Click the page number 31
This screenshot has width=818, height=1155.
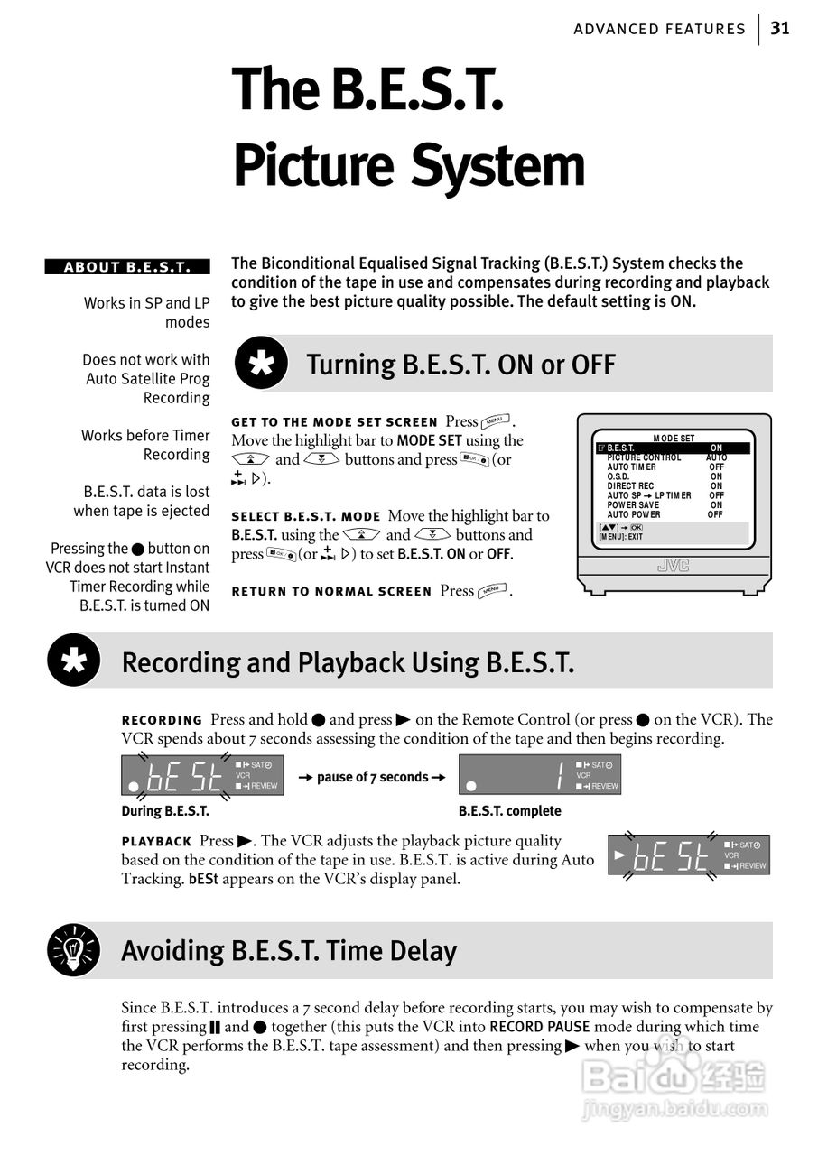point(780,28)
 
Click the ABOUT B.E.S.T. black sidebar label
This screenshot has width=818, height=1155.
point(127,267)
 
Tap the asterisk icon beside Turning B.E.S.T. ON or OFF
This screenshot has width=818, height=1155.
point(261,365)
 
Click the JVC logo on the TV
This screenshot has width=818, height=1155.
point(674,566)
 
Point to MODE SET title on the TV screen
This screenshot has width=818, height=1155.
point(674,439)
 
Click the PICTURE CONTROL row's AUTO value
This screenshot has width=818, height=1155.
point(716,457)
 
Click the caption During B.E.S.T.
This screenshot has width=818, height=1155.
point(165,811)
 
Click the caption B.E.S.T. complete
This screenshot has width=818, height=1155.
point(509,811)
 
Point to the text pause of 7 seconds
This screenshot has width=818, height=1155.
point(372,777)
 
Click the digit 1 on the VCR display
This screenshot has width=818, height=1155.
point(560,775)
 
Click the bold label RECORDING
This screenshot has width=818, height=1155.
point(163,720)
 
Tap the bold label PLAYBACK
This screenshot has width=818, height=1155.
point(157,842)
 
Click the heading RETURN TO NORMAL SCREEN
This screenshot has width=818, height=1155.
point(331,592)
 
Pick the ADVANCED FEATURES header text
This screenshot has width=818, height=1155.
point(659,29)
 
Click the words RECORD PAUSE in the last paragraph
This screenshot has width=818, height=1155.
point(539,1027)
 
